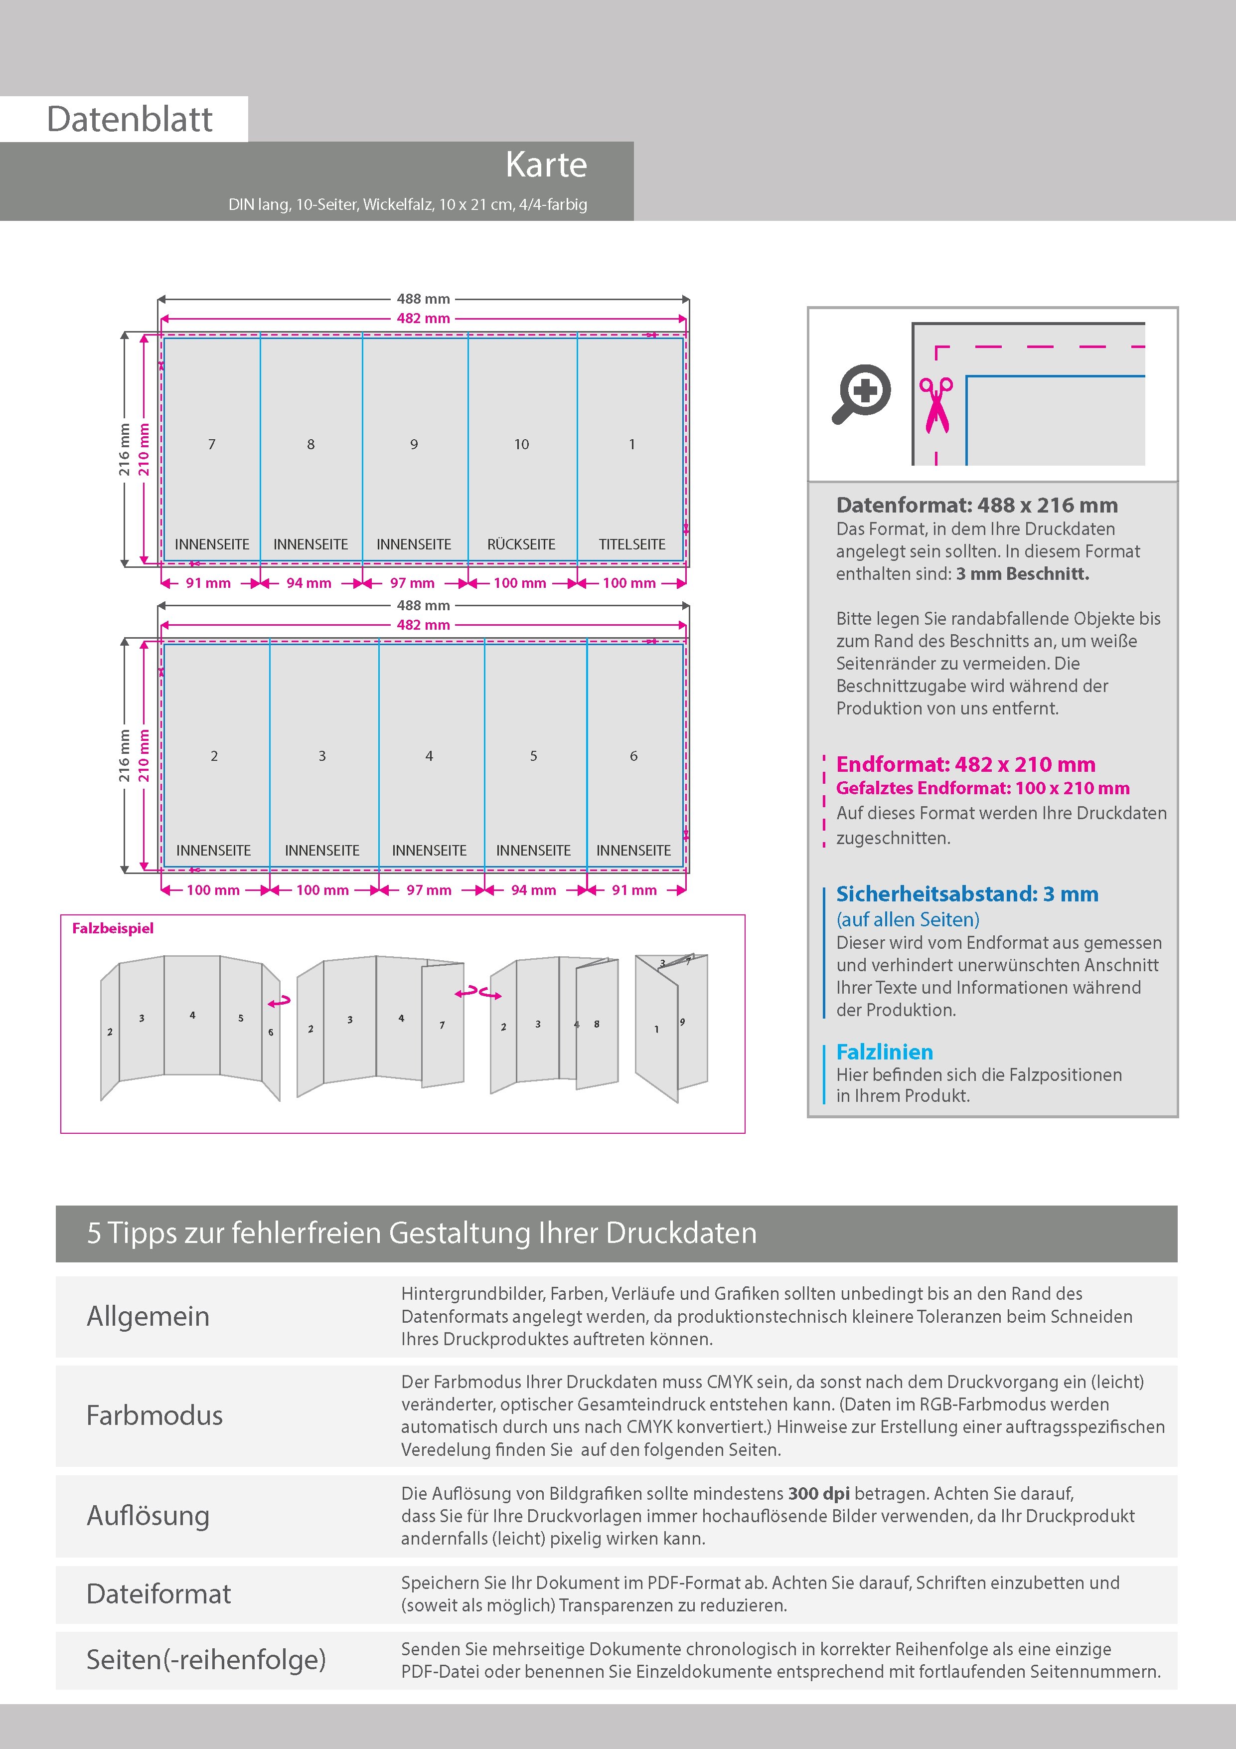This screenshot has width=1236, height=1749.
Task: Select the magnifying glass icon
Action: [x=861, y=393]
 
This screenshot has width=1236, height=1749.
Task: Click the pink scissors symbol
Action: [x=936, y=404]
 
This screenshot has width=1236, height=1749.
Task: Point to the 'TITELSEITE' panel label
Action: [x=631, y=544]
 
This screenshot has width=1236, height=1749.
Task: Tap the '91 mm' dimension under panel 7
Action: [x=208, y=583]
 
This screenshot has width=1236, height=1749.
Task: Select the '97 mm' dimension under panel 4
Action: [x=429, y=890]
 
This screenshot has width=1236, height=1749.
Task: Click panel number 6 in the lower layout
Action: [x=633, y=756]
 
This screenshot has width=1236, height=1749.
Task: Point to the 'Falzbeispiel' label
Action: [x=113, y=928]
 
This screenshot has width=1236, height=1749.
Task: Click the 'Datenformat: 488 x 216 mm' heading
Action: [x=976, y=505]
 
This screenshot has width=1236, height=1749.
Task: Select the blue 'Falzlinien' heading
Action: [x=884, y=1052]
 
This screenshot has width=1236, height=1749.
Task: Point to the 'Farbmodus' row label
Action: [x=154, y=1415]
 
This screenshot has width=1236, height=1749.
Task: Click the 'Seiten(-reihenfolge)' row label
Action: [x=206, y=1659]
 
